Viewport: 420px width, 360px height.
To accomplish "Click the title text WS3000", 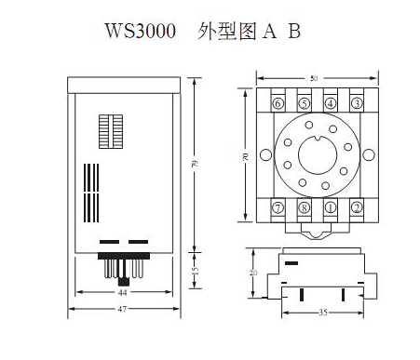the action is tap(141, 31).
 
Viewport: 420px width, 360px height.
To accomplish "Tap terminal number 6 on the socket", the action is tap(278, 103).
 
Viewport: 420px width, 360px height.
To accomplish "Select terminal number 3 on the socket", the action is tap(357, 103).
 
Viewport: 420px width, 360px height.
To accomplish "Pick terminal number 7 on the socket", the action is tap(278, 207).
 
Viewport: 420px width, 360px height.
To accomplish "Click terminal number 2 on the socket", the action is tap(357, 207).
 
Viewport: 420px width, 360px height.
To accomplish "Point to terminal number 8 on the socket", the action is tap(305, 207).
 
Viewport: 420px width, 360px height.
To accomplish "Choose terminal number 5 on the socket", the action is tap(305, 103).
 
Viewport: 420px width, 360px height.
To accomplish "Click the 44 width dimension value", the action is tap(123, 292).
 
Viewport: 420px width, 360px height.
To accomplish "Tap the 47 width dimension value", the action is tap(122, 309).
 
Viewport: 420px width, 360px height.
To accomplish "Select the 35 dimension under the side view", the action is tap(323, 313).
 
